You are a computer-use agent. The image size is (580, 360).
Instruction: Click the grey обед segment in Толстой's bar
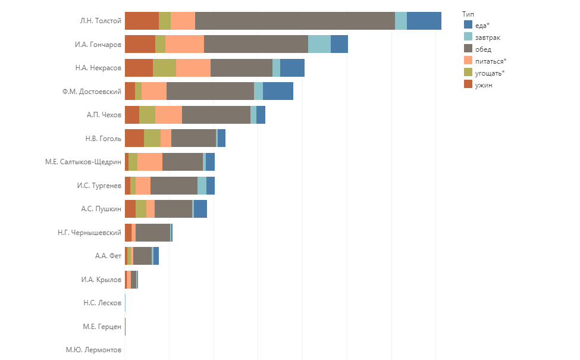click(294, 21)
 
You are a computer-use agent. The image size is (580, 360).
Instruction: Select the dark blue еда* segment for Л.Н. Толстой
click(424, 21)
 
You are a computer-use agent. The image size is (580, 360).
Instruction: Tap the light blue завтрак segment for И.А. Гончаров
click(319, 44)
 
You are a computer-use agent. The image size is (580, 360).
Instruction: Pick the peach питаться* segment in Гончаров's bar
click(184, 44)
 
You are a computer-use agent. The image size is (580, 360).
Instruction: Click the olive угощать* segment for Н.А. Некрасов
click(164, 68)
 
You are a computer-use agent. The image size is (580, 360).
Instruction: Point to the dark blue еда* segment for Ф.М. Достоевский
click(278, 91)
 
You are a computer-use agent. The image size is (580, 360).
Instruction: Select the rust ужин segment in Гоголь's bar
click(134, 138)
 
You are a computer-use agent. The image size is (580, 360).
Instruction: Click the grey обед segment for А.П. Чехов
click(216, 115)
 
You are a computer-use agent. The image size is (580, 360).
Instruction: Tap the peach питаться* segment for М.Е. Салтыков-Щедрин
click(149, 162)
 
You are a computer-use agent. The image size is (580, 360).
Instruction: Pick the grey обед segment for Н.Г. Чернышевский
click(152, 233)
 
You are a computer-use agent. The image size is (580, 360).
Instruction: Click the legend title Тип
click(468, 14)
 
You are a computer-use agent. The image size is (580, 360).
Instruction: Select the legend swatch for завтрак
click(468, 37)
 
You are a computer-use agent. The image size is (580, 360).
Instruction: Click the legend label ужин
click(484, 85)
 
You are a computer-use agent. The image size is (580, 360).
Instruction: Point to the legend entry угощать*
click(490, 73)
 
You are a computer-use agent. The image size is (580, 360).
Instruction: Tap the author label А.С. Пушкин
click(101, 209)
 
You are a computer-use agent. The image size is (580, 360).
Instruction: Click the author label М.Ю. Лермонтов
click(93, 350)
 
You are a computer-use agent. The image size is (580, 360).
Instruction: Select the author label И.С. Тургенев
click(99, 186)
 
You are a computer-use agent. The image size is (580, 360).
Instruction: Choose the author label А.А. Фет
click(108, 256)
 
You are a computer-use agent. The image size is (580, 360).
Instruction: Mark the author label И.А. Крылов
click(101, 280)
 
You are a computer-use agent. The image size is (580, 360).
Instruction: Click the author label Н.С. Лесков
click(102, 303)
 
